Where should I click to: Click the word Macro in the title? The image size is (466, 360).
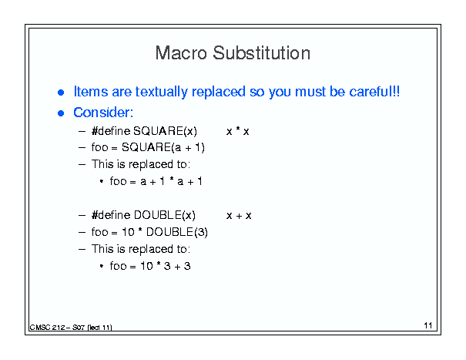(x=181, y=53)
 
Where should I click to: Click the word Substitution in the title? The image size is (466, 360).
(x=262, y=53)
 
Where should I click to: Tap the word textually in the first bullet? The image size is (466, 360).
(x=162, y=92)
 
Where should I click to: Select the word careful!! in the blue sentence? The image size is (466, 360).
(x=374, y=91)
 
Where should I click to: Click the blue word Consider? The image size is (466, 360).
(x=103, y=113)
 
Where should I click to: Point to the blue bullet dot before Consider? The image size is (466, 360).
(x=61, y=113)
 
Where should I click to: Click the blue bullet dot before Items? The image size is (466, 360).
(x=61, y=93)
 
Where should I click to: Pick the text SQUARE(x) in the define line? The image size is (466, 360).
(x=165, y=131)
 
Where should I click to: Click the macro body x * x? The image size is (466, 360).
(x=238, y=131)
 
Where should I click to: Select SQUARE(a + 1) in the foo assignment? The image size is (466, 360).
(x=163, y=147)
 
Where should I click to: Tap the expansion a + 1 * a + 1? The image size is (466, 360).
(x=171, y=181)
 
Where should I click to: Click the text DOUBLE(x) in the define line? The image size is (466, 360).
(x=165, y=215)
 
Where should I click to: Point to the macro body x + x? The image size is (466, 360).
(x=239, y=215)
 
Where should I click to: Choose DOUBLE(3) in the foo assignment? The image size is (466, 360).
(x=177, y=232)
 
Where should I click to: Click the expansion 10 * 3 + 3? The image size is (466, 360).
(x=166, y=266)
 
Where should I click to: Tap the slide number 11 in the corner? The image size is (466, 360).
(x=428, y=325)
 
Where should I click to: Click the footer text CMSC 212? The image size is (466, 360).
(x=47, y=328)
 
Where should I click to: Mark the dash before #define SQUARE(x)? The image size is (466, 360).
(x=82, y=131)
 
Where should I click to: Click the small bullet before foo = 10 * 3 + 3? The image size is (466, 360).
(x=102, y=266)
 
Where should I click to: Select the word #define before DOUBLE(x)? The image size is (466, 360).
(x=111, y=215)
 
